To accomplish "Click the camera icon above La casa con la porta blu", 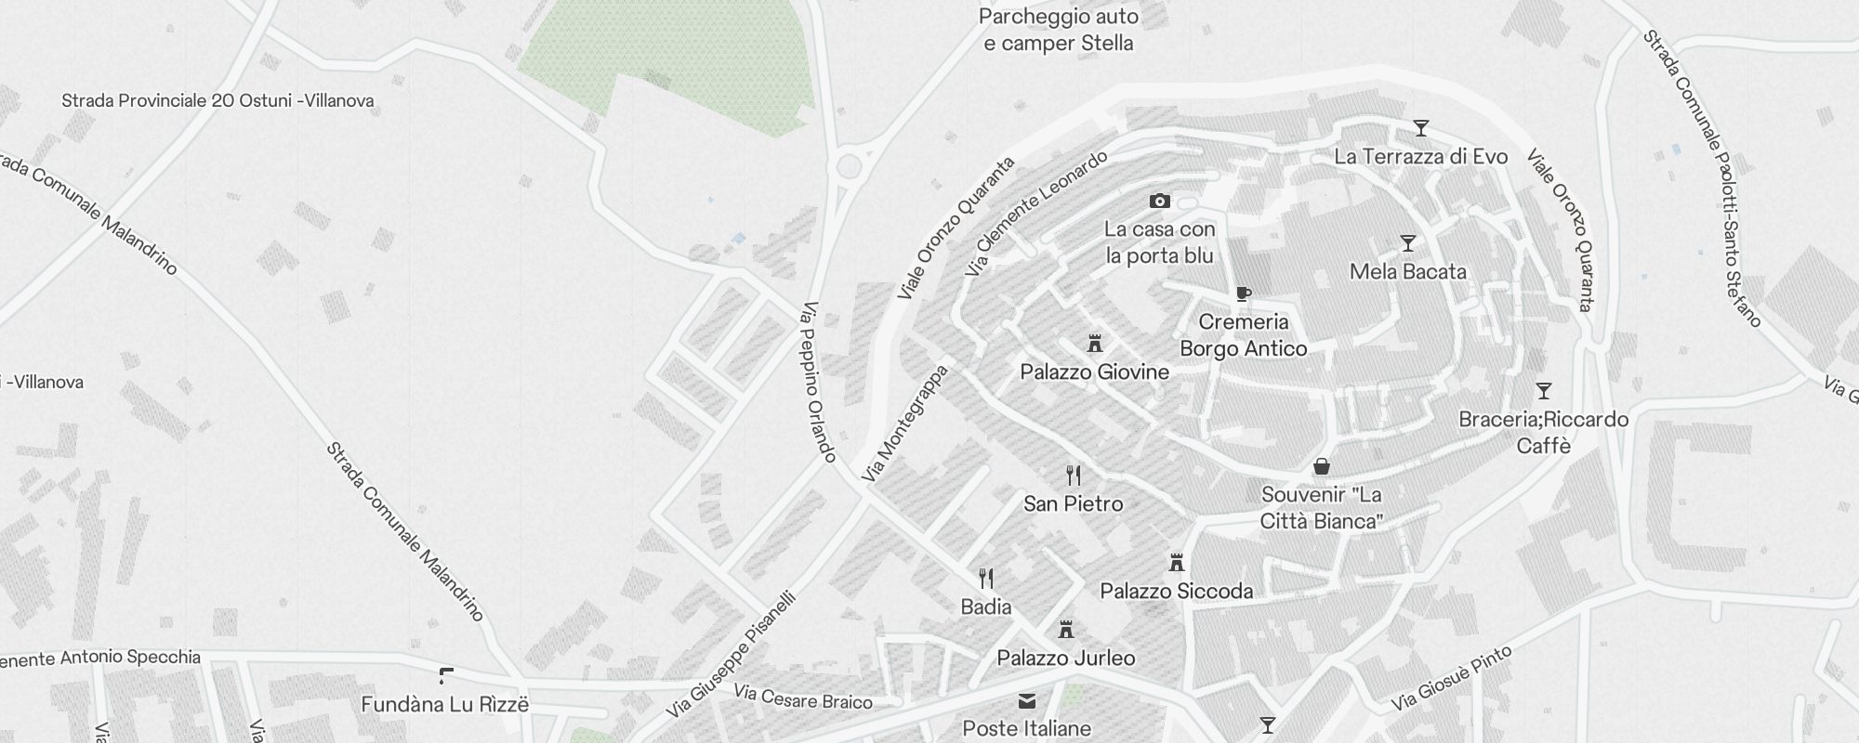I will (1159, 201).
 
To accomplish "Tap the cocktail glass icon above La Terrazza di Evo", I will (1420, 128).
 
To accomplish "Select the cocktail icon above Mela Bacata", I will (1408, 243).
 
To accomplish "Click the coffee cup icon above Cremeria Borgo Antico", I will (1243, 294).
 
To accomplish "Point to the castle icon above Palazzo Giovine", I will (1095, 344).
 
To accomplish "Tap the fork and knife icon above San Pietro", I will (1074, 476).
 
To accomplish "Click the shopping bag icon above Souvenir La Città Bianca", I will (1321, 466).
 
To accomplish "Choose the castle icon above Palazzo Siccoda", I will (1177, 563).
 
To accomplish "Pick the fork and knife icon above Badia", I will (986, 579).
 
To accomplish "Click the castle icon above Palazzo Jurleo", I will (1066, 630).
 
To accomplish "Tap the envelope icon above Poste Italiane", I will (1026, 701).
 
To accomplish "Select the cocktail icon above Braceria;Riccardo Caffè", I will (1544, 391).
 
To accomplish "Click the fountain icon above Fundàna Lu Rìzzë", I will (445, 676).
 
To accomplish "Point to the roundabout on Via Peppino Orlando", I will (849, 167).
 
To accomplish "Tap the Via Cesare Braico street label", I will (803, 697).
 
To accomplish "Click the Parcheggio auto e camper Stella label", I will (1059, 30).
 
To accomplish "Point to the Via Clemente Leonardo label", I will (1036, 213).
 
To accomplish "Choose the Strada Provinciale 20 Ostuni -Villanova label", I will (218, 100).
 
